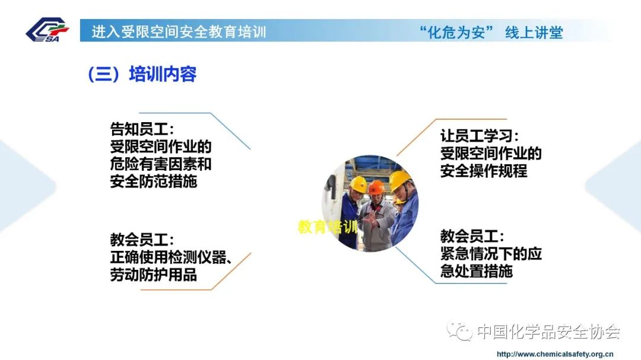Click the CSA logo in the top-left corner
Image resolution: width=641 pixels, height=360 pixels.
[47, 30]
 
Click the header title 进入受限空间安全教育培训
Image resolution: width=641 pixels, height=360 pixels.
[179, 32]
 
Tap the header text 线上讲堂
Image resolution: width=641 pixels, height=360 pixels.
[534, 32]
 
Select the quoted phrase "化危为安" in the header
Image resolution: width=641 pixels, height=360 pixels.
[456, 32]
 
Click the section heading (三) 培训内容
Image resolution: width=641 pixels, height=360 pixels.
[142, 74]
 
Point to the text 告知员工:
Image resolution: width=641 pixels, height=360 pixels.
[142, 129]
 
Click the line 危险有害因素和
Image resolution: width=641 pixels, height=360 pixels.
[161, 164]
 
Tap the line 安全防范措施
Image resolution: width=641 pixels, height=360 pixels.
[154, 181]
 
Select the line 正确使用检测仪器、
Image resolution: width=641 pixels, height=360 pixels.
[172, 257]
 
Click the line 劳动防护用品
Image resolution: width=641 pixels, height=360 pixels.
[154, 275]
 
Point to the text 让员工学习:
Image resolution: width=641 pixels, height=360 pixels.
[480, 136]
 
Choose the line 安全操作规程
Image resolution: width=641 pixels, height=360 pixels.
[484, 171]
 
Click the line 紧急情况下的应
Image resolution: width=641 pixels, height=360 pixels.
[491, 254]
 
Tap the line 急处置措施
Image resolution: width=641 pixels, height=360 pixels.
[476, 271]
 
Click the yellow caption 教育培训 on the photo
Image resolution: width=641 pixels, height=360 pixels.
[328, 227]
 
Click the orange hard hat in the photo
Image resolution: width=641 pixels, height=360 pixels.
[376, 187]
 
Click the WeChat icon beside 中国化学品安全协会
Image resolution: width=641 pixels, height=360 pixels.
[459, 330]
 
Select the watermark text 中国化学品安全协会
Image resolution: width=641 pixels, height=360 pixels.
[548, 332]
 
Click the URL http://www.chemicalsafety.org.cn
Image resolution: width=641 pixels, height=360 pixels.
[555, 354]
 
